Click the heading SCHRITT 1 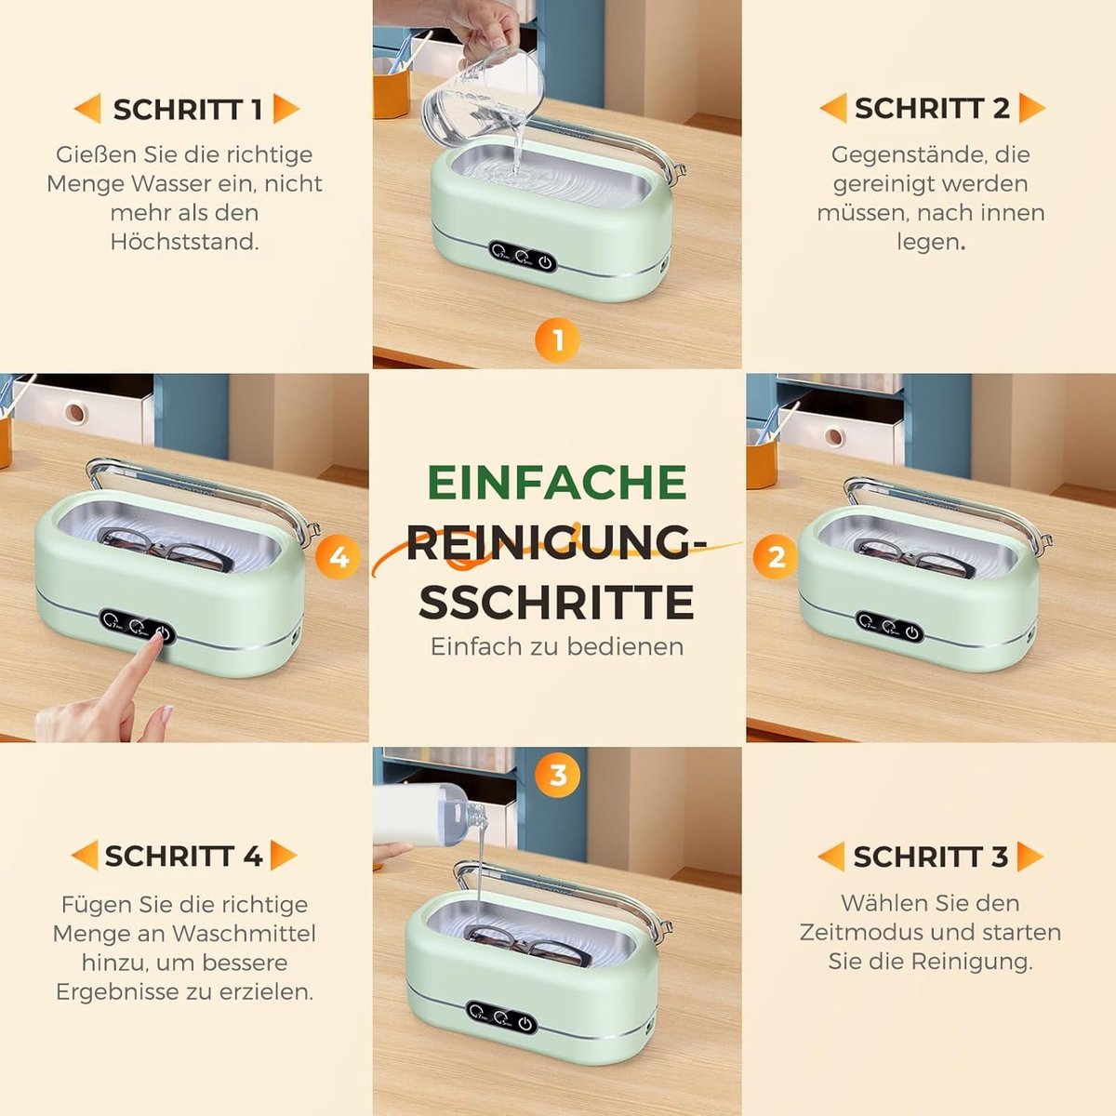tap(188, 110)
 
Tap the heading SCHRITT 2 tap(933, 108)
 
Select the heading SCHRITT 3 tap(931, 857)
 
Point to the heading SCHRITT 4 tap(184, 856)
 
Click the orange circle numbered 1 tap(558, 340)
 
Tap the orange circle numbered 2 tap(776, 558)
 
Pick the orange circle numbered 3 tap(558, 776)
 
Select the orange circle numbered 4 tap(339, 558)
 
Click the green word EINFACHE tap(558, 482)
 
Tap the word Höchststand tap(185, 242)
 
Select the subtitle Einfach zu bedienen tap(557, 646)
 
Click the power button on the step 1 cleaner tap(544, 262)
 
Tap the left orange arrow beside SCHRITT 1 tap(87, 108)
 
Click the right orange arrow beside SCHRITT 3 tap(1030, 857)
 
